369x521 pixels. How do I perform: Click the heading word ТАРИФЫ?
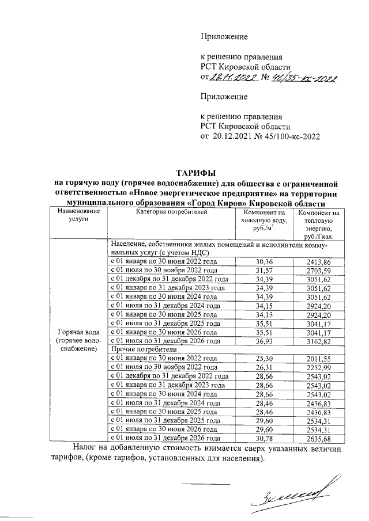195,173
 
